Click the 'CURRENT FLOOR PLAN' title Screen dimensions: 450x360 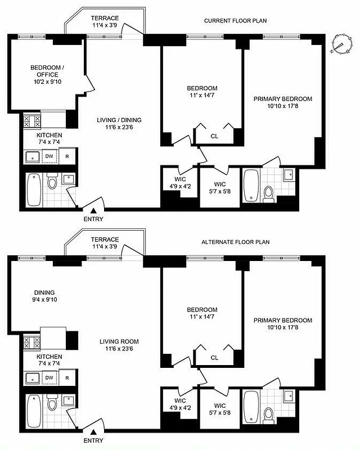[x=235, y=21]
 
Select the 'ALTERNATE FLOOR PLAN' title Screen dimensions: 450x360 [x=235, y=242]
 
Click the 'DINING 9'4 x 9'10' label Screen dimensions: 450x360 [x=44, y=296]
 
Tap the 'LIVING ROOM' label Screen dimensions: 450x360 [x=119, y=341]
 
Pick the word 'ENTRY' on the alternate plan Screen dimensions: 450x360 [x=93, y=440]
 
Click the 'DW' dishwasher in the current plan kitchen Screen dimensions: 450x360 [x=49, y=157]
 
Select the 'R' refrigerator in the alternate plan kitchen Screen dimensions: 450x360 [x=67, y=378]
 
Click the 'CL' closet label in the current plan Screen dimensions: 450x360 [x=214, y=136]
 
